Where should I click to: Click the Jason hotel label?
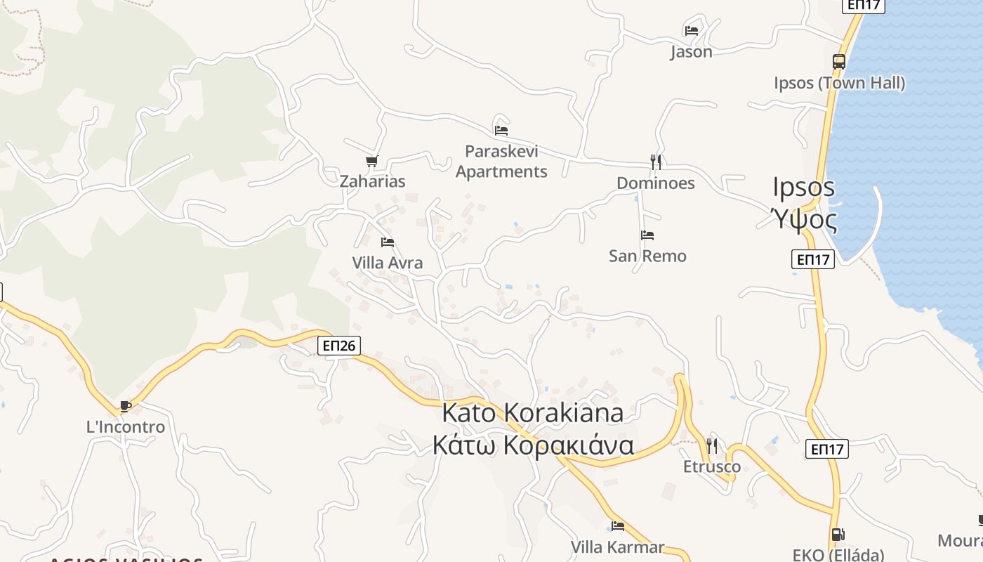(691, 52)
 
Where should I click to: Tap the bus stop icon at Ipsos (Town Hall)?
(839, 62)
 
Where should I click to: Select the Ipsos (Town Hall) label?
(839, 83)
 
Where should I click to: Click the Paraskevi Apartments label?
(501, 162)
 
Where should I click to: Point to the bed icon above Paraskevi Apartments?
(501, 130)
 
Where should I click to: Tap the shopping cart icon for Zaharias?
(372, 162)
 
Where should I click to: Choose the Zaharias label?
(372, 181)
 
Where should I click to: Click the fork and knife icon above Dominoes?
(655, 162)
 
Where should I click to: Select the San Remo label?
(647, 256)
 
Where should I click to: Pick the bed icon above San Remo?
(647, 235)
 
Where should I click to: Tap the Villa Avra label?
(388, 263)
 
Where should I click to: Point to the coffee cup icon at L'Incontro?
(125, 406)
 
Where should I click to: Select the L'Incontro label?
(125, 427)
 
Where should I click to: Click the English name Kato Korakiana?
(532, 413)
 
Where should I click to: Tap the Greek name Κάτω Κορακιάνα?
(532, 445)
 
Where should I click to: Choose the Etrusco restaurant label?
(712, 466)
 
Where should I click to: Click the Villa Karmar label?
(617, 547)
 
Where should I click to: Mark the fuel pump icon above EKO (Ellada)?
(837, 535)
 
